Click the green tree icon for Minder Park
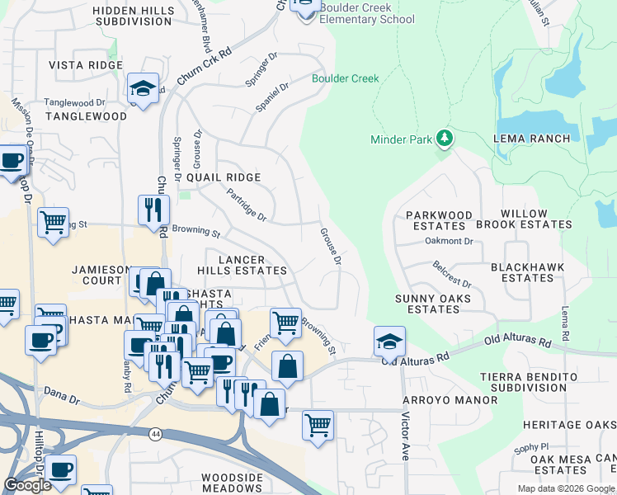(x=445, y=138)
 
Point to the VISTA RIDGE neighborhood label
(x=87, y=65)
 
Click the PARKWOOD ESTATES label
(x=439, y=220)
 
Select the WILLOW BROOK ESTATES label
(x=535, y=219)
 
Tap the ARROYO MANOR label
(x=450, y=400)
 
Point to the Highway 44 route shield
(x=155, y=433)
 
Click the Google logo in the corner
(x=27, y=485)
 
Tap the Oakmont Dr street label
(x=449, y=242)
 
